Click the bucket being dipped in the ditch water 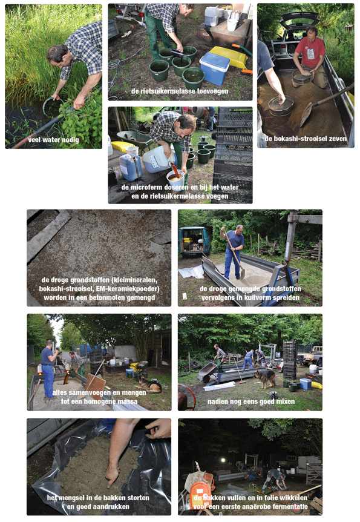52,106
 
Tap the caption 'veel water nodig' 54,140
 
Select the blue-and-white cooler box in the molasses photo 214,68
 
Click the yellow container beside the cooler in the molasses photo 229,56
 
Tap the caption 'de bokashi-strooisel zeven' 306,139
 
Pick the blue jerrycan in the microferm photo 130,167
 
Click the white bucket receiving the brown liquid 175,179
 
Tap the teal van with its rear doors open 194,240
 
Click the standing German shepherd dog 265,378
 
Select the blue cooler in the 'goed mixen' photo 306,384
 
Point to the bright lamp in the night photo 223,460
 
